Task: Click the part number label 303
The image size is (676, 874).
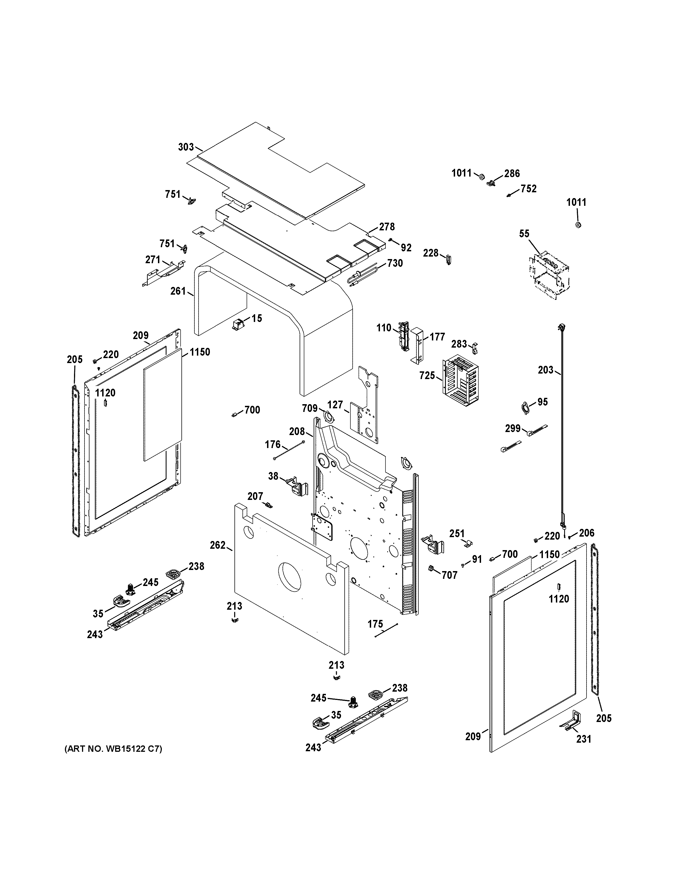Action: click(186, 147)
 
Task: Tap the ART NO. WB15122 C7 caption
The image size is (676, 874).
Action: click(113, 749)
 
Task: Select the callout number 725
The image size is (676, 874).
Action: click(427, 375)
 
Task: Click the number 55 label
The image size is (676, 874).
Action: click(524, 234)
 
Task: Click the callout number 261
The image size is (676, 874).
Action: click(178, 291)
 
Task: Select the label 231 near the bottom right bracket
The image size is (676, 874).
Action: click(583, 739)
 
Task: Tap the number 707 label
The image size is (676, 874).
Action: click(449, 575)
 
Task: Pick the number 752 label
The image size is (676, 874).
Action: click(528, 188)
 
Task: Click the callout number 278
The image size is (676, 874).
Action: click(387, 227)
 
